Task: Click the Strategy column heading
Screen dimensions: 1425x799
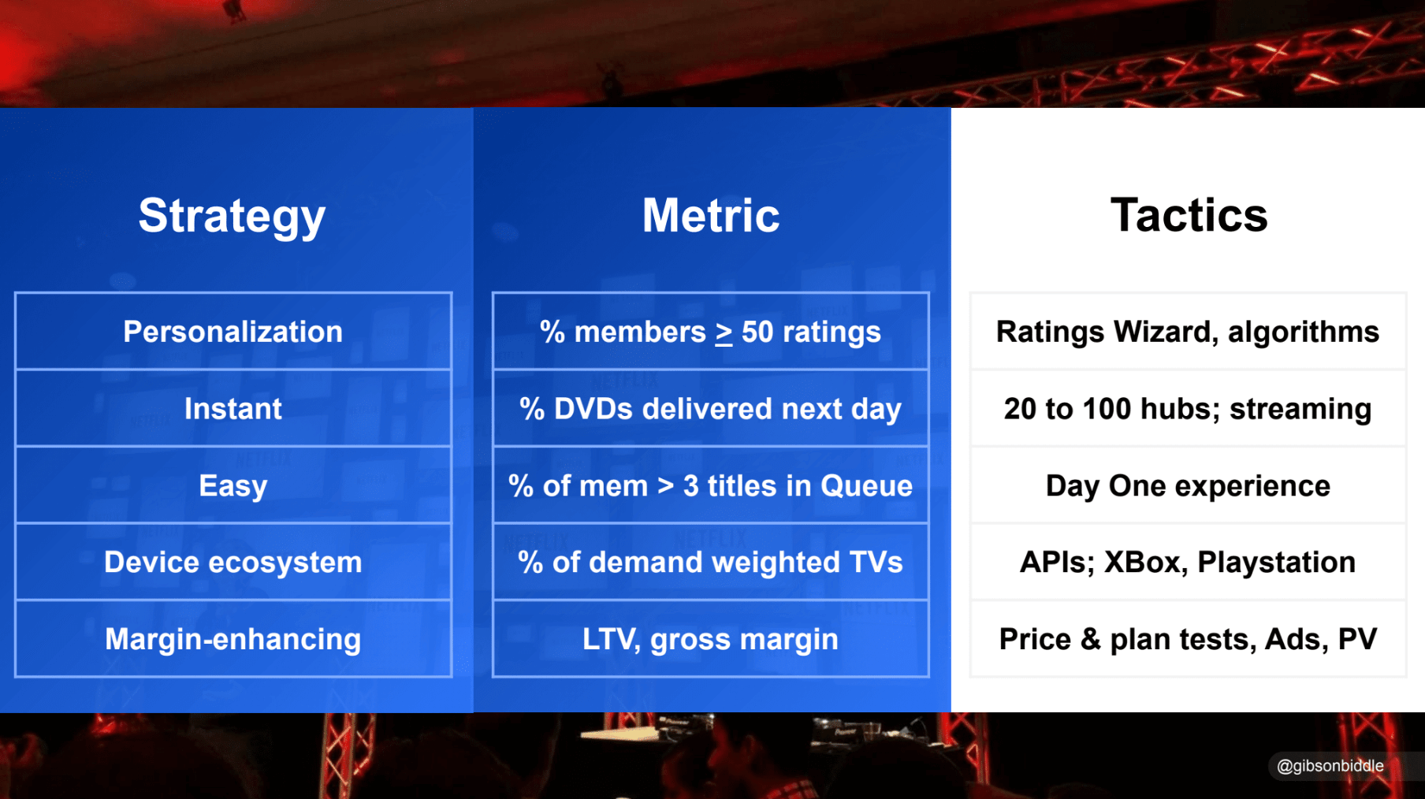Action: pos(232,216)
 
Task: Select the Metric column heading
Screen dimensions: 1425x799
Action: pos(711,215)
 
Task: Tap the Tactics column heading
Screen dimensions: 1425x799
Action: pos(1189,215)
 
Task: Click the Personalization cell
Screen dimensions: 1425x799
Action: pos(233,332)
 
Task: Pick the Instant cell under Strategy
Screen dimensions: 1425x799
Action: pos(233,408)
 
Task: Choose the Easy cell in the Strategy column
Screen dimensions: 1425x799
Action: pos(233,485)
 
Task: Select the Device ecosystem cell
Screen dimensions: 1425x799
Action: pos(233,562)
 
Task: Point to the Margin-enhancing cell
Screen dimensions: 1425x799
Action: pos(233,639)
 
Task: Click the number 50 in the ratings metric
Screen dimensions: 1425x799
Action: pos(757,333)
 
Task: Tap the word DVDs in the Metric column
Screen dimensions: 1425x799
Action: pos(593,409)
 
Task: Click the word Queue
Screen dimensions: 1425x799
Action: pos(866,486)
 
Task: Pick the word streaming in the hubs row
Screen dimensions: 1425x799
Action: pos(1300,410)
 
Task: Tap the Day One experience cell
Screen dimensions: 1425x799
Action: pos(1188,485)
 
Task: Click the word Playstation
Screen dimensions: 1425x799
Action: pos(1276,563)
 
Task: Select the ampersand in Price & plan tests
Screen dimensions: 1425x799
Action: pos(1091,639)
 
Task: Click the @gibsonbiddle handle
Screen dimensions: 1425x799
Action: pos(1330,766)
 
